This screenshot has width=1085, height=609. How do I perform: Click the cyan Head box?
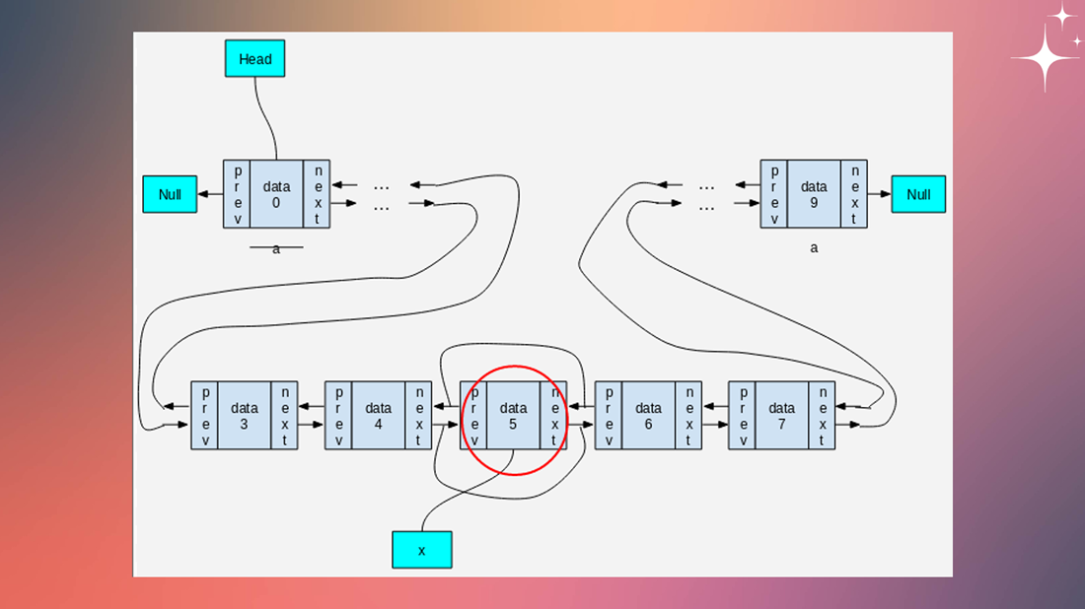coord(254,58)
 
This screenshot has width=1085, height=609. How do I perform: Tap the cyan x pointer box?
coord(422,550)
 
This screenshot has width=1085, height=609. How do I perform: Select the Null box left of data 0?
coord(171,193)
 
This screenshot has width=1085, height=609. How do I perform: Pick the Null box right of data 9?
coord(918,193)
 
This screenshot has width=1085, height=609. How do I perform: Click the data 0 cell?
coord(277,193)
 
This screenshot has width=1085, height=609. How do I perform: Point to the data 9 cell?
coord(814,193)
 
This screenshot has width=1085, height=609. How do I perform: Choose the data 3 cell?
coord(245,416)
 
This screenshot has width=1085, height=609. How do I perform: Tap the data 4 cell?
coord(379,416)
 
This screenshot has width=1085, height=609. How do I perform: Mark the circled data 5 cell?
coord(514,416)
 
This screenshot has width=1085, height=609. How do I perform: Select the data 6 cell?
coord(648,416)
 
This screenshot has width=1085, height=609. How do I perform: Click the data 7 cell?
coord(782,416)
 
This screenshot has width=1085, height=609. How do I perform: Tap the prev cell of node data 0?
coord(237,193)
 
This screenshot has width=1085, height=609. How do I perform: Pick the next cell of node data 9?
coord(854,193)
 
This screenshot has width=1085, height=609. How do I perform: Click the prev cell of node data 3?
coord(205,416)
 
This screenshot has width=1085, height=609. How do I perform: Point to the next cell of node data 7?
coord(822,416)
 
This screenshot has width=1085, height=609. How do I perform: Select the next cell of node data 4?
coord(418,416)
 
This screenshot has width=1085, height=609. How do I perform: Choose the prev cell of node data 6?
coord(609,416)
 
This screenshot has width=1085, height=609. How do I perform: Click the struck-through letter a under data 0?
coord(276,248)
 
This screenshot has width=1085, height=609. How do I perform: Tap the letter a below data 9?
coord(814,247)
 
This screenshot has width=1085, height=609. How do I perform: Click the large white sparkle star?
coord(1047,58)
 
